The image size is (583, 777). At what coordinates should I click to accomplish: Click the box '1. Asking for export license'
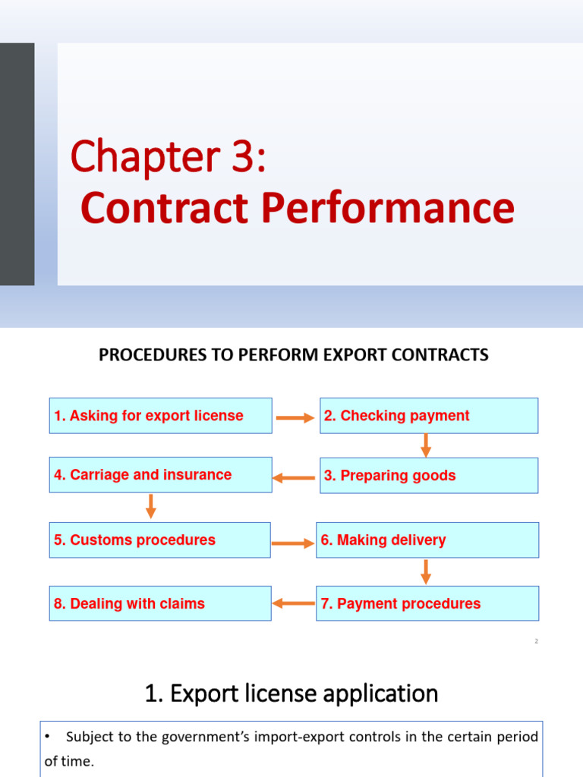pos(160,416)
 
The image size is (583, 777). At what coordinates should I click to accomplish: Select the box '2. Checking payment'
pos(429,416)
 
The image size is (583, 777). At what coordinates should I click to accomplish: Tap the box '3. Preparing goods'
pos(429,476)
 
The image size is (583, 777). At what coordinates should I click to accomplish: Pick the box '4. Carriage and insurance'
pos(160,475)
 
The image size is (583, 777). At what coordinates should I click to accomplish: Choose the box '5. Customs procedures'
pos(159,540)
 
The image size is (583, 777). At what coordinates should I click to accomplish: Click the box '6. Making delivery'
pos(427,540)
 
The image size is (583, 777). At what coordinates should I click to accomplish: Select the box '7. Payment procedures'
pos(427,604)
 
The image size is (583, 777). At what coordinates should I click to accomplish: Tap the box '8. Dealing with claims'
pos(160,604)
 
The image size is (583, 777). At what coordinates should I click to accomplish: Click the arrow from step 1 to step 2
pos(295,417)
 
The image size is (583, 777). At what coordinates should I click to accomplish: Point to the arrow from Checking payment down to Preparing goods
pos(426,445)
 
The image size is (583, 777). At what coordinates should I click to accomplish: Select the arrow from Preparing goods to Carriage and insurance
pos(294,478)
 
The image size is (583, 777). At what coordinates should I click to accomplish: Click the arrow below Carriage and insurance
pos(151,506)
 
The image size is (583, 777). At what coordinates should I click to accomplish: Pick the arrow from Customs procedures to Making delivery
pos(293,543)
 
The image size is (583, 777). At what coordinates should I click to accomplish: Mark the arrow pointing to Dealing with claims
pos(293,604)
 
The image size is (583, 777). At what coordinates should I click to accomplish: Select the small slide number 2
pos(536,641)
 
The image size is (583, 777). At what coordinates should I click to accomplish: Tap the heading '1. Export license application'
pos(291,694)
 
